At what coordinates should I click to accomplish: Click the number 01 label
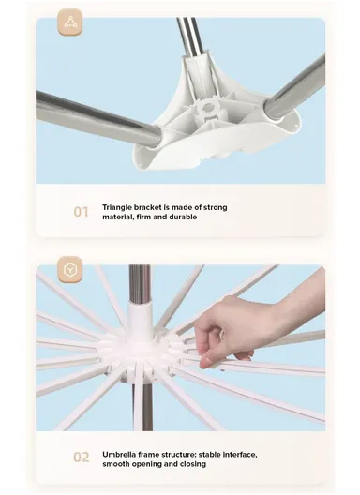point(82,212)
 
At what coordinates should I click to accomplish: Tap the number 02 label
point(82,457)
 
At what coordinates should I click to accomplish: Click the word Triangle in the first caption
point(119,206)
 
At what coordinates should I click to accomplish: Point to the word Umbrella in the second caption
point(121,452)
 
